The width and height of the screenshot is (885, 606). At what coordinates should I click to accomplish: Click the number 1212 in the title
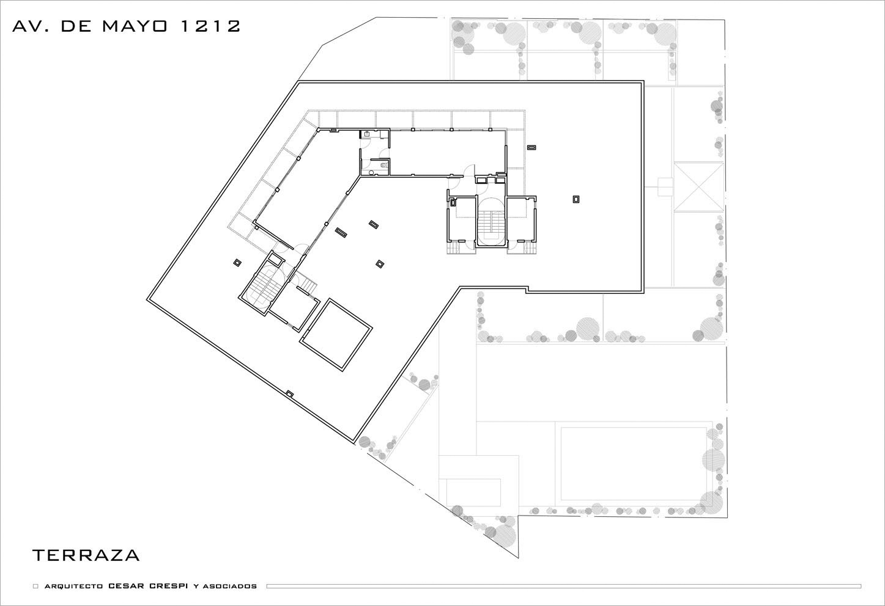210,26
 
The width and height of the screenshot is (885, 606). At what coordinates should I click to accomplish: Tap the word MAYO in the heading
135,26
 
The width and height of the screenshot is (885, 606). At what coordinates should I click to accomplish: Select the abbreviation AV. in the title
31,26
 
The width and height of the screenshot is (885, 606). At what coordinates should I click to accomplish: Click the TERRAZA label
86,555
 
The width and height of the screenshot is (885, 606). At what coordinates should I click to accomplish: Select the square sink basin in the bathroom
367,134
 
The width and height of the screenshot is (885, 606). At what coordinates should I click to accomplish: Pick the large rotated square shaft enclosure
336,334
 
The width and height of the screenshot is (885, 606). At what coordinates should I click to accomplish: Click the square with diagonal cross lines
698,187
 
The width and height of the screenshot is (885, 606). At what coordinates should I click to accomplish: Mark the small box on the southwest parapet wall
290,393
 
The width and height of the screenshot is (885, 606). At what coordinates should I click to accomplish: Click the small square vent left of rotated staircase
237,262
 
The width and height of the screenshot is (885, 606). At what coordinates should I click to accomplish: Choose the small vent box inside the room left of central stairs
453,203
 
